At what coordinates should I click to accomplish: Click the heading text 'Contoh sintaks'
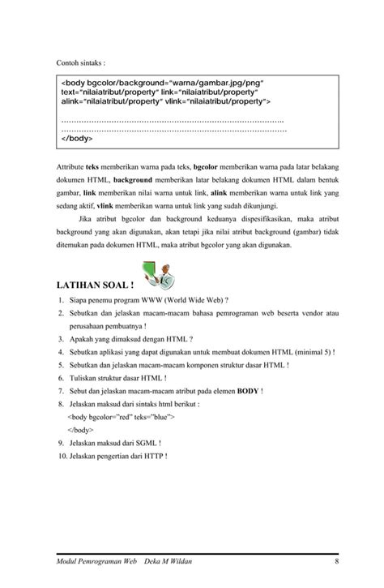coord(79,62)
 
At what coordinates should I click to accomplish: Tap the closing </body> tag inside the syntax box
coord(77,138)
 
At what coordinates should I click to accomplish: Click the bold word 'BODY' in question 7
coord(247,390)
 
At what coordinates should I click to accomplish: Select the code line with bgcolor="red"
coord(121,416)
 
